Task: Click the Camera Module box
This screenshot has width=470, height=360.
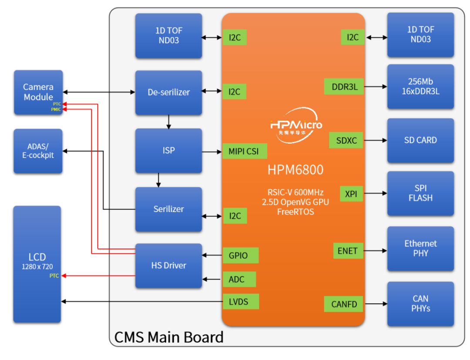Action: pyautogui.click(x=38, y=92)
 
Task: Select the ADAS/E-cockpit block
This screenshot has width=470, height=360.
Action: pyautogui.click(x=38, y=151)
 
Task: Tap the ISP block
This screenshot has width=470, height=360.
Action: pyautogui.click(x=168, y=150)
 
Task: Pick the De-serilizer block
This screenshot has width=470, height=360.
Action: pyautogui.click(x=168, y=92)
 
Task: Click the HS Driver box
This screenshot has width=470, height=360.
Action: pyautogui.click(x=168, y=265)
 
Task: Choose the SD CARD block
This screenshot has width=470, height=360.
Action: pyautogui.click(x=420, y=140)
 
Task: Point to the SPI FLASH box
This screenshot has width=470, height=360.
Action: pyautogui.click(x=420, y=193)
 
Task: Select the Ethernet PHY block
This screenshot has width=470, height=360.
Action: pyautogui.click(x=420, y=248)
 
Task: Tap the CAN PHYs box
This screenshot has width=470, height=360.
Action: pyautogui.click(x=420, y=303)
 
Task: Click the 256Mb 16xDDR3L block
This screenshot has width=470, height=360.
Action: pyautogui.click(x=420, y=86)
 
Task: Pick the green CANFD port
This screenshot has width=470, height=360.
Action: pyautogui.click(x=343, y=304)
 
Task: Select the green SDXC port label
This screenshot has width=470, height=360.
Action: pyautogui.click(x=346, y=140)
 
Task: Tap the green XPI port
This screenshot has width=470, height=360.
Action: pyautogui.click(x=351, y=194)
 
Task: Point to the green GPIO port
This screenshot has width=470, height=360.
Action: pyautogui.click(x=240, y=256)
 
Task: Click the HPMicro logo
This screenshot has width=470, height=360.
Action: pyautogui.click(x=296, y=126)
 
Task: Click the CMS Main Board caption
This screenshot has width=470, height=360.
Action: pyautogui.click(x=168, y=337)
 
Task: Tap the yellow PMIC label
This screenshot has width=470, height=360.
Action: pyautogui.click(x=56, y=110)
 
